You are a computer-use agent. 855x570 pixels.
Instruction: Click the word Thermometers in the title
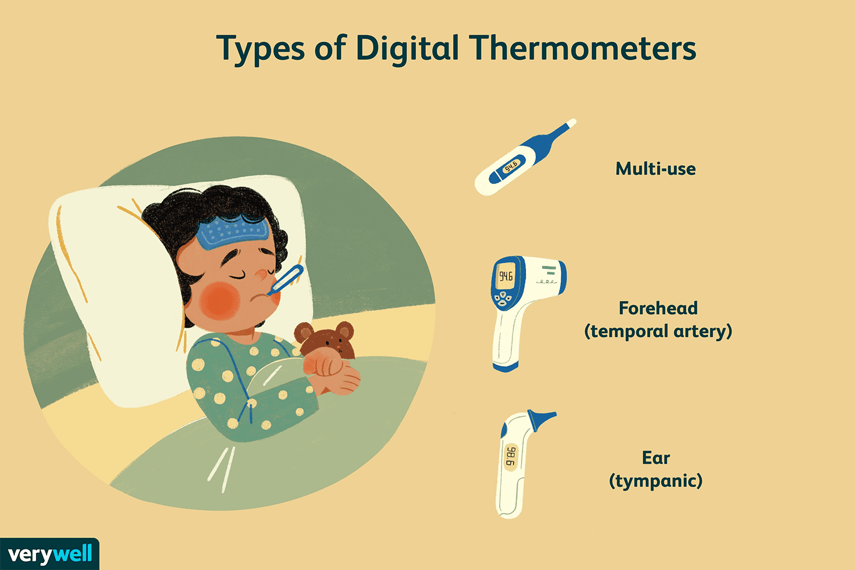tap(583, 48)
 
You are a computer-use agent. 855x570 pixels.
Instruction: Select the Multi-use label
tap(655, 169)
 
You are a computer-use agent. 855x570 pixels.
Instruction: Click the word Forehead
tap(658, 308)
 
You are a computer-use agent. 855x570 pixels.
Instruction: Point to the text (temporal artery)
tap(658, 331)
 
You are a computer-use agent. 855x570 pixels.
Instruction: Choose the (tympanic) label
tap(655, 481)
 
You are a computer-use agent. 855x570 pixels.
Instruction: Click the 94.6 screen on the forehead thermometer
tap(506, 276)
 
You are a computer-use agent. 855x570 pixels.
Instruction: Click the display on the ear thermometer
tap(511, 457)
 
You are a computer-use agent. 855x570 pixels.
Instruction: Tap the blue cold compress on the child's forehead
tap(233, 231)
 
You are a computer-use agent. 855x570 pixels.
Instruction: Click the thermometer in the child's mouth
tap(286, 280)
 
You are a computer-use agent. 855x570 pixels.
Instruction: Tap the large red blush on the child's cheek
tap(219, 301)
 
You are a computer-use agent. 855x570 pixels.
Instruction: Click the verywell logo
tap(50, 554)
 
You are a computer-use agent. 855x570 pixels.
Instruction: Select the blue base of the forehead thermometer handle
tap(505, 367)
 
